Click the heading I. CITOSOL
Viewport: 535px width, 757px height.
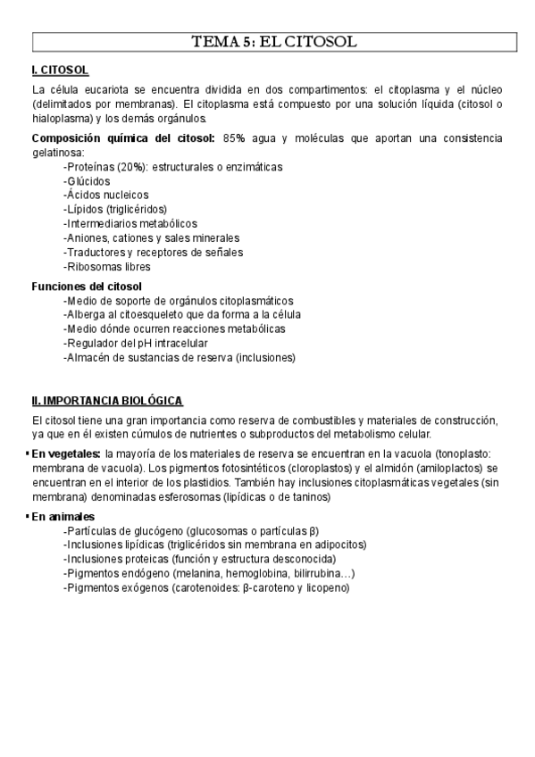pyautogui.click(x=59, y=70)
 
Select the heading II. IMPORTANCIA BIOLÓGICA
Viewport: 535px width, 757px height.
pyautogui.click(x=107, y=401)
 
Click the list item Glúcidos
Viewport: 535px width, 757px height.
pyautogui.click(x=88, y=181)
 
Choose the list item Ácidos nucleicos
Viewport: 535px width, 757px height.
pyautogui.click(x=106, y=195)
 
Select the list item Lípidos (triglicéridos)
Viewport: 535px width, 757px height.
pyautogui.click(x=115, y=209)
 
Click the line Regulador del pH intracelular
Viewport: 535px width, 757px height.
pyautogui.click(x=136, y=344)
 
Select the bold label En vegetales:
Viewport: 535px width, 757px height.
pyautogui.click(x=66, y=454)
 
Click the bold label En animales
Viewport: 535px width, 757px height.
pyautogui.click(x=63, y=518)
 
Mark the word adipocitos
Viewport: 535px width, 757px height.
pyautogui.click(x=339, y=545)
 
